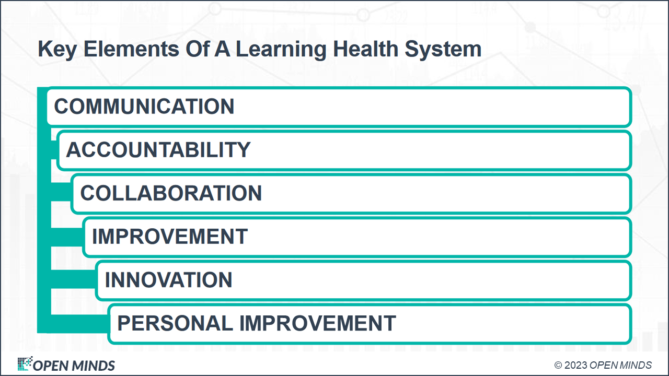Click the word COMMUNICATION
coord(144,107)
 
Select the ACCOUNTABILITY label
coord(158,150)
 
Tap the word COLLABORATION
coord(171,193)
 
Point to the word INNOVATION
coord(168,280)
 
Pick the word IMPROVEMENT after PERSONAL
coord(317,324)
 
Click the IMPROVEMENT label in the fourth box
coord(169,237)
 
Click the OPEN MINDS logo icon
coord(25,364)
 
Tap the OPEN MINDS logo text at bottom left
coord(74,365)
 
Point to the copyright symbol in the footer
coord(558,365)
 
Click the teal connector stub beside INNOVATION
coord(73,280)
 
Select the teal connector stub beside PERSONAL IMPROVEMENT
coord(79,324)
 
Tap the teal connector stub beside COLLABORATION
coord(61,193)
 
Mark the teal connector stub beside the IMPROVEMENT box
coord(67,237)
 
